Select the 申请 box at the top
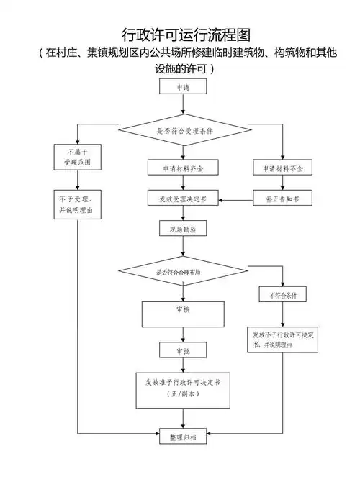(x=184, y=87)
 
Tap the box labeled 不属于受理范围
(x=78, y=158)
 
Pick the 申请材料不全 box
(x=283, y=168)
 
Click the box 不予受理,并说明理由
(x=78, y=205)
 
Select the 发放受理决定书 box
(x=184, y=199)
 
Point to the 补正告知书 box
(x=283, y=199)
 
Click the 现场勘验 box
(x=184, y=229)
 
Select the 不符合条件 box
(x=283, y=295)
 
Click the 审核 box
(x=184, y=312)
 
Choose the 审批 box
(x=184, y=350)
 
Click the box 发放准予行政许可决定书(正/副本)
(x=184, y=388)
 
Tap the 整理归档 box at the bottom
(x=184, y=436)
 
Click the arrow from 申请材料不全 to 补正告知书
(x=283, y=183)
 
